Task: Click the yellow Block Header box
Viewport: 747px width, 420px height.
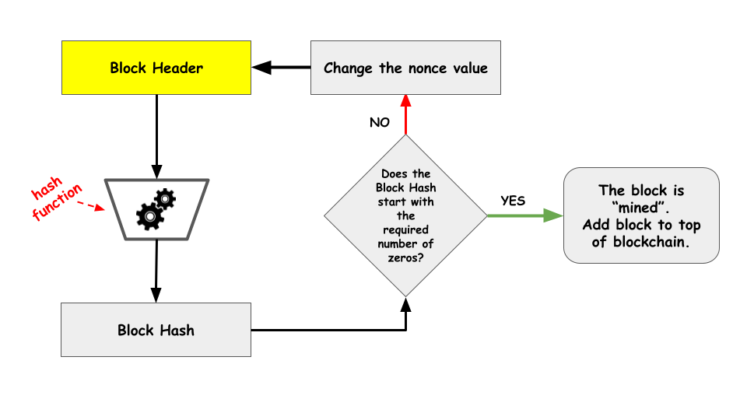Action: (156, 68)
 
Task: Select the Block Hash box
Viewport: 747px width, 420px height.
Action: (156, 330)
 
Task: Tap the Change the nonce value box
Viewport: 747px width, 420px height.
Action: (405, 68)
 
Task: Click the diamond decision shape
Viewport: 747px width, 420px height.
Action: (405, 215)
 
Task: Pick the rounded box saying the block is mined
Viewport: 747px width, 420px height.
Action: (641, 215)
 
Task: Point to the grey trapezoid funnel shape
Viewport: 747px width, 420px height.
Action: (157, 209)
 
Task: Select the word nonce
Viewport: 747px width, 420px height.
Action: (426, 68)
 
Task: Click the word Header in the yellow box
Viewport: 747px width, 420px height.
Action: (177, 68)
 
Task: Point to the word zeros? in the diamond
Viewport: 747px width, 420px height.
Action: (405, 258)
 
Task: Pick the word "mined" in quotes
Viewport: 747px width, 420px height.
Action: (641, 208)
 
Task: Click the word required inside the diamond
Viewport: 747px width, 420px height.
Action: (405, 230)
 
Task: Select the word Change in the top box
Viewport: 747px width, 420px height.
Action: (349, 68)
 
